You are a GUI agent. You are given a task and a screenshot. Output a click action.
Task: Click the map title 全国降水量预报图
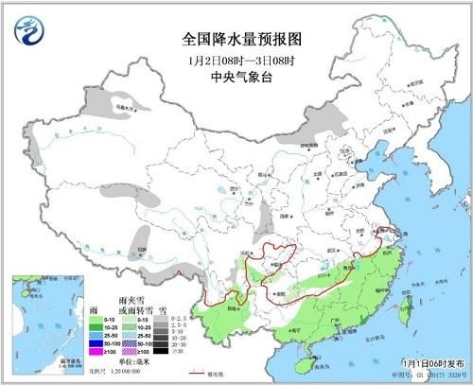(236, 39)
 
